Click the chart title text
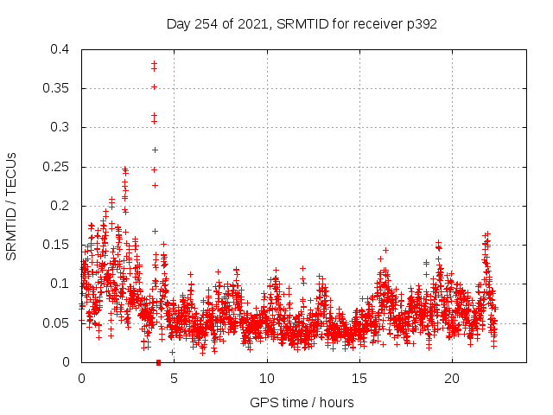[302, 24]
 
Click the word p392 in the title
[421, 24]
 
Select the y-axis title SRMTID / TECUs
[11, 207]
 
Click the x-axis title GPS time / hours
[302, 402]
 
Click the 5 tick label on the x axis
[174, 379]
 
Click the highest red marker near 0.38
[154, 63]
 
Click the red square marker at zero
[158, 362]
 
